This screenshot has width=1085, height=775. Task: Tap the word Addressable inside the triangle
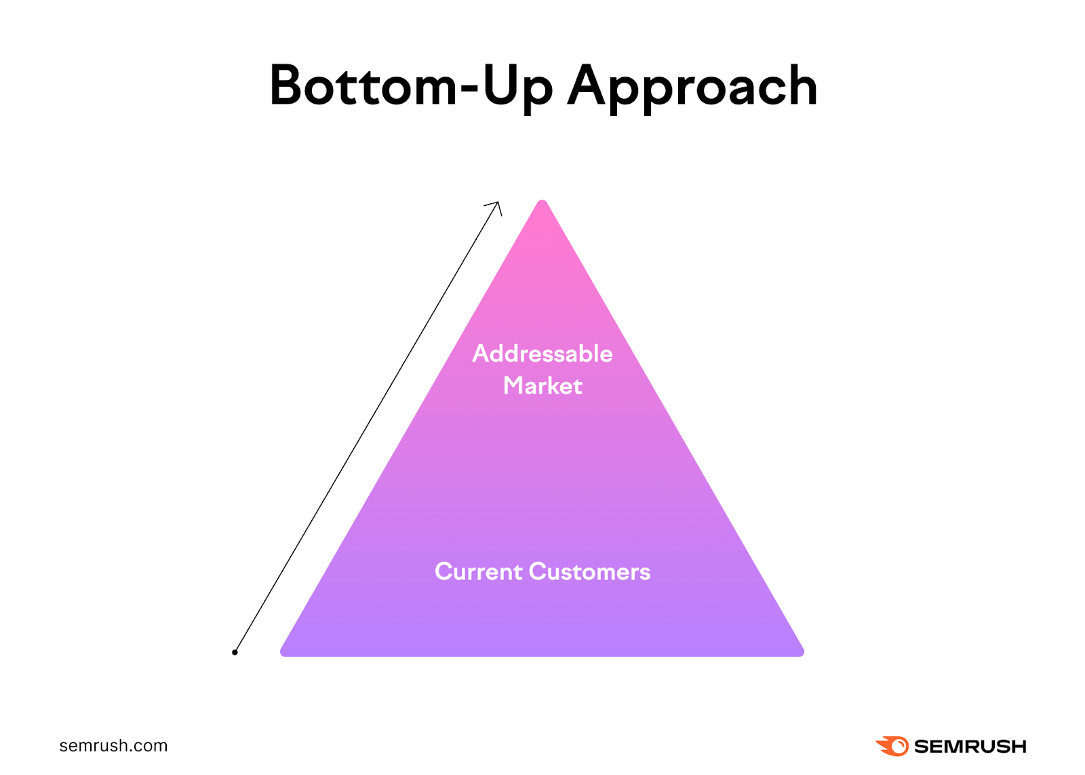click(x=542, y=354)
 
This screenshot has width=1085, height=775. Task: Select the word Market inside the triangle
click(x=542, y=386)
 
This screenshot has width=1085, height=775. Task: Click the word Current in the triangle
click(x=478, y=572)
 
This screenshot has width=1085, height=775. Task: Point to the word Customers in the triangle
click(x=589, y=572)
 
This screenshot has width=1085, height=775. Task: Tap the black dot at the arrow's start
click(x=235, y=652)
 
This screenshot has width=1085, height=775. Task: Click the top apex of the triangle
click(x=542, y=203)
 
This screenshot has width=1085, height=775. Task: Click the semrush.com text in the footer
click(x=113, y=746)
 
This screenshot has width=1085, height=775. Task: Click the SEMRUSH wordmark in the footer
click(x=970, y=747)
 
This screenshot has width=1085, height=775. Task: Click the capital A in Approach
click(x=587, y=85)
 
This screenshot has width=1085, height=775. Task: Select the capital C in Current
click(x=445, y=572)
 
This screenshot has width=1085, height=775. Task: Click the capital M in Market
click(x=515, y=385)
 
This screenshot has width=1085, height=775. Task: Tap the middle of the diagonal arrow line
click(x=366, y=428)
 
